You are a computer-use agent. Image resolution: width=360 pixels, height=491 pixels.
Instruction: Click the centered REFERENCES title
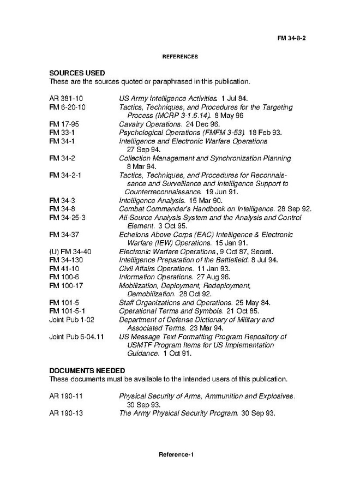180,57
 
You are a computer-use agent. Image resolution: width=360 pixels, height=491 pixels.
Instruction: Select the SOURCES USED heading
77,73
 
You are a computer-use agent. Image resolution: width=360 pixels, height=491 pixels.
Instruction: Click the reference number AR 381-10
66,99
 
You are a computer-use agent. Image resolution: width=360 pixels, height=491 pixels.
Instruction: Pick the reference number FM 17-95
64,124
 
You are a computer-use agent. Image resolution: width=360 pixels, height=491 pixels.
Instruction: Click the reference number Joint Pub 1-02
71,319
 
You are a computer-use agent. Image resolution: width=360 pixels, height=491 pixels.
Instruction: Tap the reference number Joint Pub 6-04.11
76,337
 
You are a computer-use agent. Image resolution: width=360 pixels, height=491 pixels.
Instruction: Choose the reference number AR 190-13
66,413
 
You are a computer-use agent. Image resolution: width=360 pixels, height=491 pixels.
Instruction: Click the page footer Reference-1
176,454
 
